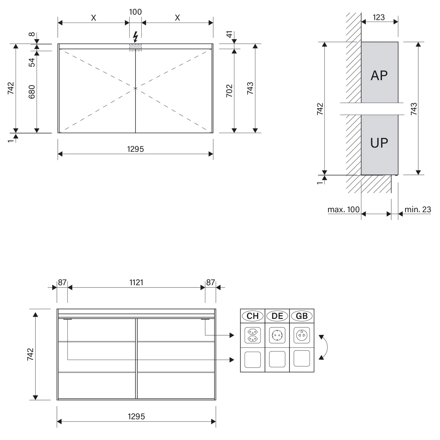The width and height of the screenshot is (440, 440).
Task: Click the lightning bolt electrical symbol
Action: coord(136,37)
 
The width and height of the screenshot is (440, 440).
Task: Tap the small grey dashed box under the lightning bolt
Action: coord(136,48)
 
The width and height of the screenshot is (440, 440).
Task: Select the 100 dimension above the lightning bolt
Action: coord(135,12)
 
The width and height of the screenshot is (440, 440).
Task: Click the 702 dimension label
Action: coord(229,91)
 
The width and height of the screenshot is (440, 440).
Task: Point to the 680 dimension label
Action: coord(32,92)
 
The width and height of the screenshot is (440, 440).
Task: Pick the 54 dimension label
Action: coord(32,62)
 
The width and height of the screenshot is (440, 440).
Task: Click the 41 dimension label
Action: coord(229,34)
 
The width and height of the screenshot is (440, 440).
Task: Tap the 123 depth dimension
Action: coord(379,18)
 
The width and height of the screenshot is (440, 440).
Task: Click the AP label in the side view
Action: coord(379,76)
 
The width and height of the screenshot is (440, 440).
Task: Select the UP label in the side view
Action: coord(379,143)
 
